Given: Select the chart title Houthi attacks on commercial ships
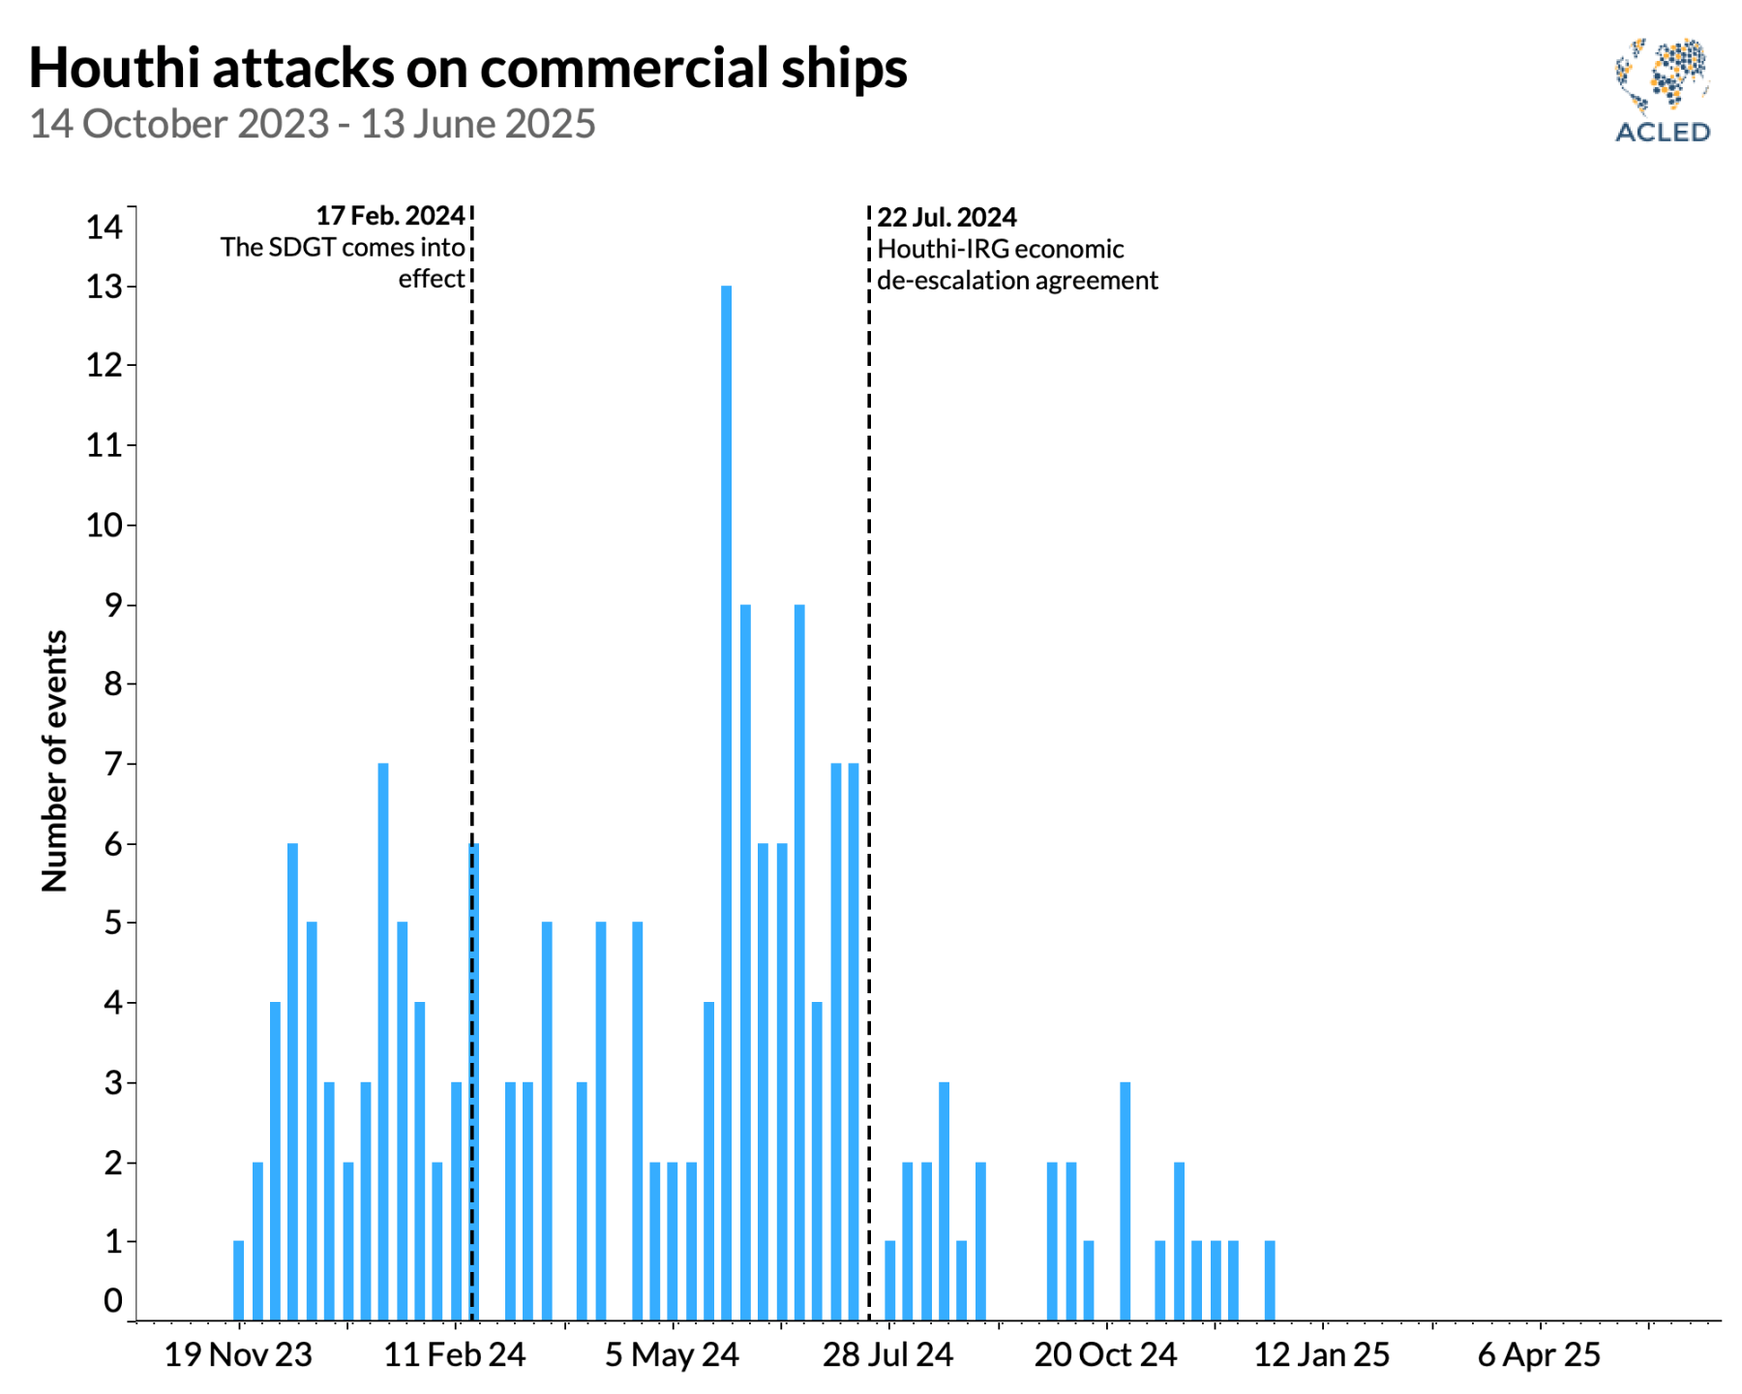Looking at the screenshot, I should pyautogui.click(x=468, y=68).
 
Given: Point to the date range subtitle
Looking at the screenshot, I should pyautogui.click(x=313, y=124).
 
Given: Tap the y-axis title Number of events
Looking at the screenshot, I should pyautogui.click(x=55, y=761).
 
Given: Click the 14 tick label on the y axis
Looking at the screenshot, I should pyautogui.click(x=105, y=227).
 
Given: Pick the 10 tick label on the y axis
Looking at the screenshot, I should pyautogui.click(x=105, y=526).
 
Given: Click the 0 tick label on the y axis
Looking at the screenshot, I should pyautogui.click(x=113, y=1300).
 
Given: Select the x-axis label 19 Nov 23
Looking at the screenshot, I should pyautogui.click(x=238, y=1354).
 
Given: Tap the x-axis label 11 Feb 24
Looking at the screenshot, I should pyautogui.click(x=455, y=1354).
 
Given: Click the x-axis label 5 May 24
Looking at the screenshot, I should pyautogui.click(x=672, y=1354).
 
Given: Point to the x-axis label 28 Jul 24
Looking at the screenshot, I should pyautogui.click(x=887, y=1354).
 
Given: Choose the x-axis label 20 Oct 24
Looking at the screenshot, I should pyautogui.click(x=1105, y=1354).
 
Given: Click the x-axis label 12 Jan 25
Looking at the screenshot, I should pyautogui.click(x=1322, y=1354).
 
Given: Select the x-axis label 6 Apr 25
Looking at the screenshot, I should pyautogui.click(x=1539, y=1354).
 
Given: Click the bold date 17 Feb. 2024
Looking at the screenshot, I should pyautogui.click(x=390, y=215).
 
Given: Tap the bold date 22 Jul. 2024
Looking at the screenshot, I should pyautogui.click(x=946, y=217).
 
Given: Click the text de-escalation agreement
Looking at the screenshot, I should pyautogui.click(x=1017, y=281).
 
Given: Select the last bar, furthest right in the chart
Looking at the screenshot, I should pyautogui.click(x=1270, y=1280).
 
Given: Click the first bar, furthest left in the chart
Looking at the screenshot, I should pyautogui.click(x=239, y=1280).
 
